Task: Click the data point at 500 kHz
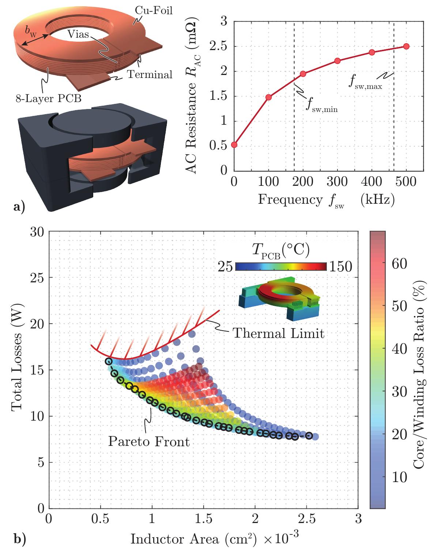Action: [x=406, y=46]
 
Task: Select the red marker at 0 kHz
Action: [x=234, y=145]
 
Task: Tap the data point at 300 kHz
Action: [x=337, y=61]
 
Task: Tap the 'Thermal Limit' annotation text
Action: [x=279, y=333]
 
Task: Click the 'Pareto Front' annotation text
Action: [x=149, y=441]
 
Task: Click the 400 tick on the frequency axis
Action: [x=372, y=183]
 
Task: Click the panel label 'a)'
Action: [x=19, y=207]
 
